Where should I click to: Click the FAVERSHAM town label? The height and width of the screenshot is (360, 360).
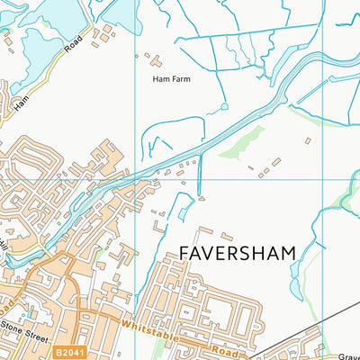point(238,253)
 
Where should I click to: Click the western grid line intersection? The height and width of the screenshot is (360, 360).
point(134,178)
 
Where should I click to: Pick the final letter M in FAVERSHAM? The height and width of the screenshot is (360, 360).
point(288,253)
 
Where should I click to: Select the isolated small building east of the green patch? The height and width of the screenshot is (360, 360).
point(307,140)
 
